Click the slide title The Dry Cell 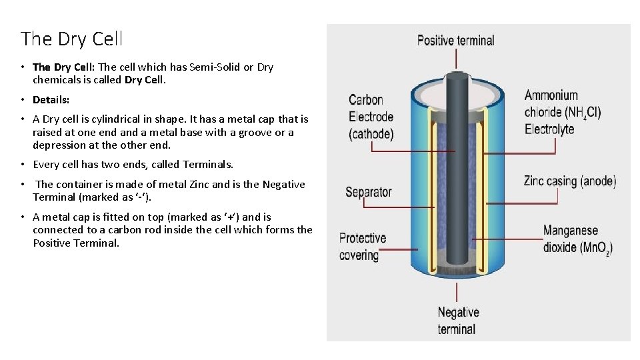click(x=72, y=39)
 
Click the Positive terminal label click(x=455, y=41)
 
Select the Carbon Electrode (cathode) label click(x=371, y=117)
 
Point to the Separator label click(x=368, y=193)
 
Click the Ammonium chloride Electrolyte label click(x=562, y=113)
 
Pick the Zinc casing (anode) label click(x=569, y=181)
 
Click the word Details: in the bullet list click(x=51, y=99)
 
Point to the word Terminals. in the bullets click(x=208, y=164)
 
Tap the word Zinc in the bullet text click(x=199, y=184)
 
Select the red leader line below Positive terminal click(x=457, y=60)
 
